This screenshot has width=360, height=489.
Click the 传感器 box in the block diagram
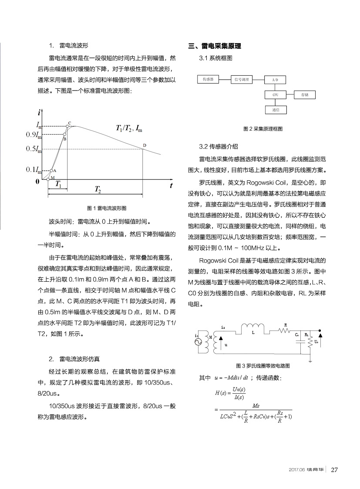(x=208, y=79)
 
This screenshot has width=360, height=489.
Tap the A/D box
(x=275, y=80)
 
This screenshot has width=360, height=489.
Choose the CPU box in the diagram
(x=275, y=94)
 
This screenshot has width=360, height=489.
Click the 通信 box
(x=275, y=110)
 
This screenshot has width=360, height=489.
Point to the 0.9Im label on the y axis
(x=34, y=134)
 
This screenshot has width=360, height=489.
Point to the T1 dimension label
(x=58, y=184)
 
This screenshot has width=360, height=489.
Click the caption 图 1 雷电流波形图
(x=107, y=208)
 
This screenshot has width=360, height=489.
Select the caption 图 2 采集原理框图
(x=263, y=129)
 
